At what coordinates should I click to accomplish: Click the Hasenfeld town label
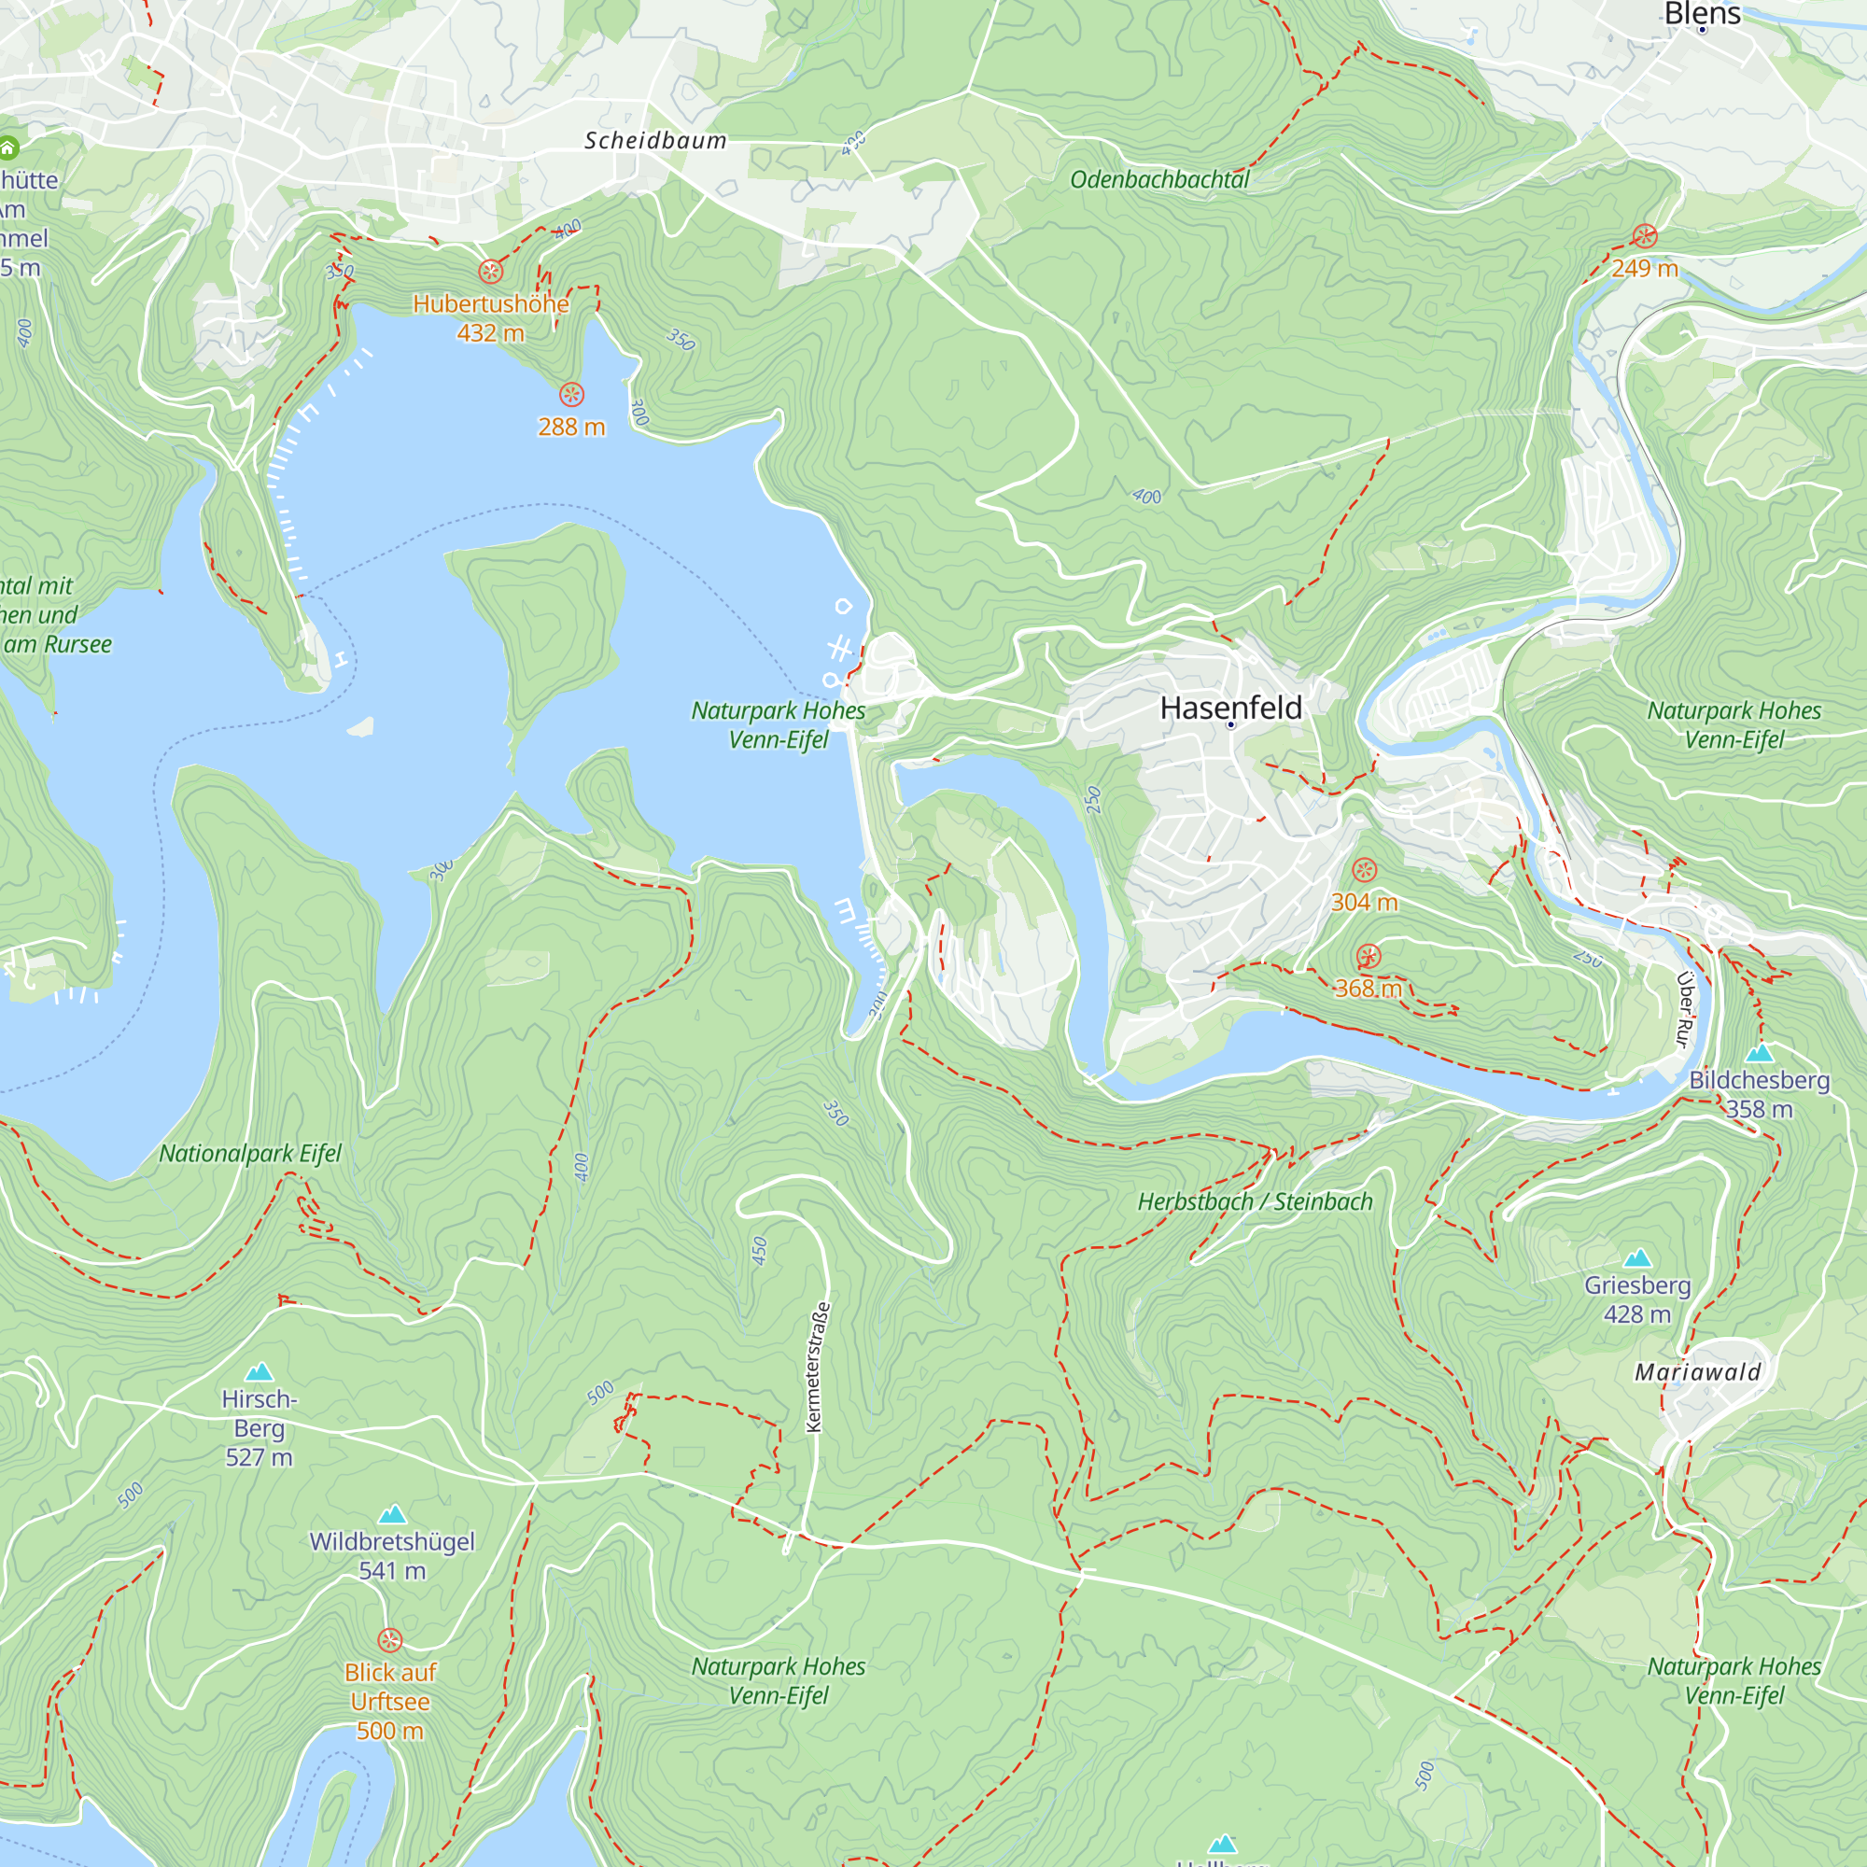pos(1230,708)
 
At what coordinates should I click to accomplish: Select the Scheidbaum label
pos(655,141)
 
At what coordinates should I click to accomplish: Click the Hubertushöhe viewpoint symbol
pos(491,272)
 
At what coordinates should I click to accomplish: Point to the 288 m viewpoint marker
pos(571,394)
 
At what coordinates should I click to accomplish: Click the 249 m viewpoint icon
pos(1645,237)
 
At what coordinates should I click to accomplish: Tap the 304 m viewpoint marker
pos(1364,870)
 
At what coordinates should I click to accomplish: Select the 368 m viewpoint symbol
pos(1369,957)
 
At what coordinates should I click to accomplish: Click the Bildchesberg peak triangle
pos(1760,1053)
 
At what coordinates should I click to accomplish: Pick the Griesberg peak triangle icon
pos(1637,1258)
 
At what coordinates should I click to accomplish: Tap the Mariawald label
pos(1698,1372)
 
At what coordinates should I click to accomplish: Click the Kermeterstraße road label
pos(818,1367)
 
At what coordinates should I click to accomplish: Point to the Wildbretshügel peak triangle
pos(391,1514)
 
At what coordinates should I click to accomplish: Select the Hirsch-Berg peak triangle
pos(259,1372)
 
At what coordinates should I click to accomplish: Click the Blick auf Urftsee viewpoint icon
pos(389,1640)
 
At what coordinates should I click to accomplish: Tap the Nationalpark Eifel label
pos(250,1154)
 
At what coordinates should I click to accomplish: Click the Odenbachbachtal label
pos(1158,180)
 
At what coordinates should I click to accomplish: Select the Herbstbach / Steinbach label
pos(1255,1202)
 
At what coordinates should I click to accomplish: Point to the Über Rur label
pos(1684,1010)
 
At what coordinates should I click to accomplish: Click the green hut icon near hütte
pos(7,147)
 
